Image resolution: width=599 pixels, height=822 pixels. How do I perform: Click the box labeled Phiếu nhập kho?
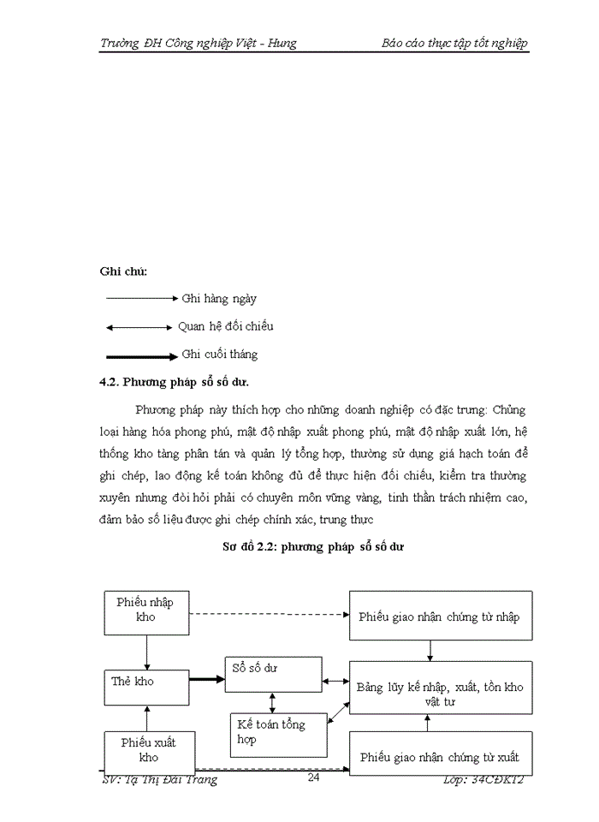[145, 612]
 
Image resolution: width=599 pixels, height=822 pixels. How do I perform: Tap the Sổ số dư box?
[274, 675]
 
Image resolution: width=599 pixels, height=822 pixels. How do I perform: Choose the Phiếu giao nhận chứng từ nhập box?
[440, 616]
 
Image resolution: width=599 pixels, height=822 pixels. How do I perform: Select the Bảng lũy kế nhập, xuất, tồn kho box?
[440, 688]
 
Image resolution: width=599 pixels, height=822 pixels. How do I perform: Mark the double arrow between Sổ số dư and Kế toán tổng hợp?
[272, 702]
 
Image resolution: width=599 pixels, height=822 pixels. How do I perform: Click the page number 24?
[313, 778]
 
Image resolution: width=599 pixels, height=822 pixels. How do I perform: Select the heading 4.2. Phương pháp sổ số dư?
[175, 382]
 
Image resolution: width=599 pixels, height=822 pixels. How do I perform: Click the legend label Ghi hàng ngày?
[219, 299]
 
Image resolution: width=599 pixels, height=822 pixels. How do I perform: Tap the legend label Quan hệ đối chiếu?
[226, 326]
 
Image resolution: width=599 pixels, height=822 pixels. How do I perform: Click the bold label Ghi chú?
[123, 271]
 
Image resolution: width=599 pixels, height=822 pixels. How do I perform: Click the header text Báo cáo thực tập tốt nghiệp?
[454, 44]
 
